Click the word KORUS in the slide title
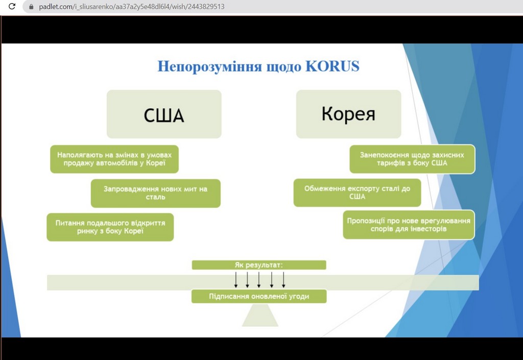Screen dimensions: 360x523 pyautogui.click(x=332, y=66)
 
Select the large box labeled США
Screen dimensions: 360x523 pyautogui.click(x=164, y=114)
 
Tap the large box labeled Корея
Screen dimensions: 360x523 pyautogui.click(x=348, y=114)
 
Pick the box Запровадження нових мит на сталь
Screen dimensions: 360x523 pyautogui.click(x=156, y=193)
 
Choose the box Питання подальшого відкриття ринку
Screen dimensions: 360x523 pyautogui.click(x=110, y=227)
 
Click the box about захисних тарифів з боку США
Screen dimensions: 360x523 pyautogui.click(x=412, y=159)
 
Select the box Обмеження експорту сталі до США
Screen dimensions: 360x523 pyautogui.click(x=358, y=193)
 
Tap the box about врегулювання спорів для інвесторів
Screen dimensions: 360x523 pyautogui.click(x=409, y=225)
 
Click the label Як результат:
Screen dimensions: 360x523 pyautogui.click(x=259, y=265)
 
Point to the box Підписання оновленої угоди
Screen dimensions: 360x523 pyautogui.click(x=259, y=296)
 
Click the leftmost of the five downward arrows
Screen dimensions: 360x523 pyautogui.click(x=236, y=280)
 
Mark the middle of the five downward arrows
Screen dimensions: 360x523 pyautogui.click(x=259, y=280)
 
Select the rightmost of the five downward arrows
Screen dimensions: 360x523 pyautogui.click(x=283, y=280)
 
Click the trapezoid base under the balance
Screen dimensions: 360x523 pyautogui.click(x=259, y=316)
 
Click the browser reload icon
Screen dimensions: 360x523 pyautogui.click(x=12, y=7)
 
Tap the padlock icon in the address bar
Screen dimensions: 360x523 pyautogui.click(x=31, y=7)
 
